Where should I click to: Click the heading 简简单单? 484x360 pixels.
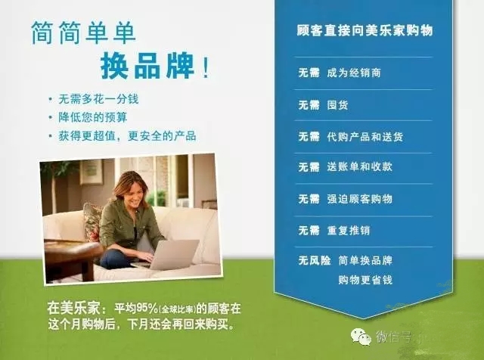tap(83, 33)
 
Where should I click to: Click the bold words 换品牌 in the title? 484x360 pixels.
tap(147, 66)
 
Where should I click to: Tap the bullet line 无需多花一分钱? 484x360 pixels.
tap(98, 99)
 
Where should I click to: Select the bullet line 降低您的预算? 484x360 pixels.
tap(92, 117)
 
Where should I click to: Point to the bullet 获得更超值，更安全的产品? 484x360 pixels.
tap(127, 136)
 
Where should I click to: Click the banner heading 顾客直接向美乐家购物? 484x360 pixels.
tap(365, 30)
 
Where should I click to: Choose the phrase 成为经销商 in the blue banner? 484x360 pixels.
tap(354, 73)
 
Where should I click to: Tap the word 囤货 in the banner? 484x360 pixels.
tap(337, 105)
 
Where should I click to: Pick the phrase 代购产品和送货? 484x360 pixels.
tap(365, 136)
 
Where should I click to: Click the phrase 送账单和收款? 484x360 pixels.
tap(360, 167)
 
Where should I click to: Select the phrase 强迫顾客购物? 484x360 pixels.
tap(360, 199)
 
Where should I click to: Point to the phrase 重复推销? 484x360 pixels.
tap(348, 231)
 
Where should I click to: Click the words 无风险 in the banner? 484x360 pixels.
tap(315, 260)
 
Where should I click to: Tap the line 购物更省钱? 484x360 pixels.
tap(365, 280)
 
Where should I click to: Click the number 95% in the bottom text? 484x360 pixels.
tap(147, 308)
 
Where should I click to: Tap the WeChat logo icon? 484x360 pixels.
tap(361, 337)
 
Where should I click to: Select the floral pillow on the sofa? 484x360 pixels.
tap(92, 222)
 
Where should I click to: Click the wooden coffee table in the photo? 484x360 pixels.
tap(72, 256)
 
